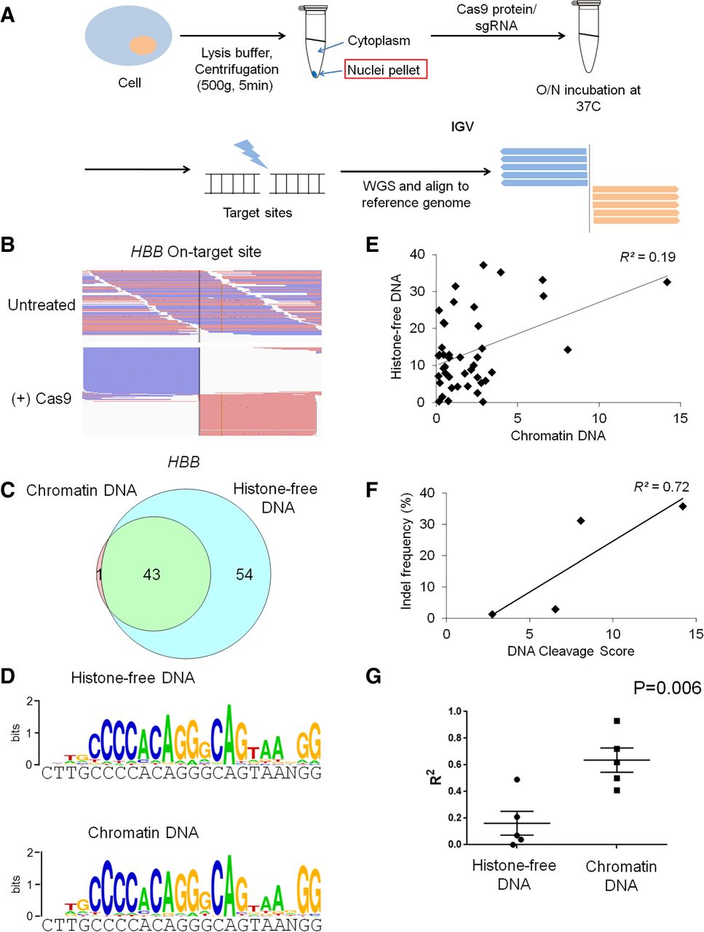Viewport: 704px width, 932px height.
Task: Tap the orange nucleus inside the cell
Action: click(143, 45)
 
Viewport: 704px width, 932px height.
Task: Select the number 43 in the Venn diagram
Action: click(151, 574)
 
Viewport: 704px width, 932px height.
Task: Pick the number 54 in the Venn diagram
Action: click(244, 574)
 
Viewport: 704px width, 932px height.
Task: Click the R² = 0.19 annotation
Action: click(647, 256)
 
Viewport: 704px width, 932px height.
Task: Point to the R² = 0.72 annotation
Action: click(661, 486)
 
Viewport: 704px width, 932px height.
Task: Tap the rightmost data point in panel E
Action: click(667, 282)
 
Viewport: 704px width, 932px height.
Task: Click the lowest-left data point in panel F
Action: click(492, 615)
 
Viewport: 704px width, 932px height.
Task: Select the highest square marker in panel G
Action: click(617, 721)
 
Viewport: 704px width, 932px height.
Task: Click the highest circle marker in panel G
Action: click(517, 780)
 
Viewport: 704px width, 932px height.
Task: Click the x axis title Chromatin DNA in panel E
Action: click(558, 435)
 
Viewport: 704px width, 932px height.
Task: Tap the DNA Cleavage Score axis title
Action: click(570, 651)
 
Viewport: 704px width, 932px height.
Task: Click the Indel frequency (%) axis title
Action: click(406, 551)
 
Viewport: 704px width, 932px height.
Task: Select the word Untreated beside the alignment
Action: click(41, 305)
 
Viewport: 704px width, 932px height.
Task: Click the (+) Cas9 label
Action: click(41, 399)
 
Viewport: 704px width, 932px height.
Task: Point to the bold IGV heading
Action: click(462, 127)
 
